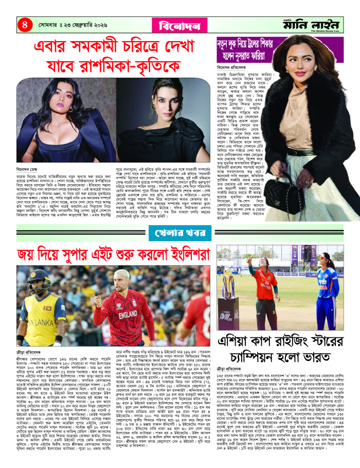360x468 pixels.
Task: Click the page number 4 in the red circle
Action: (x=23, y=23)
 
